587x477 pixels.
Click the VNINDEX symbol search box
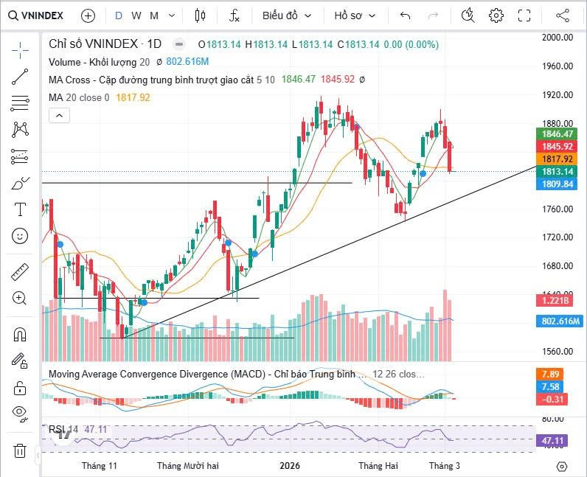click(x=37, y=15)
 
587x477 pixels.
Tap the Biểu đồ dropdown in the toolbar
click(x=287, y=15)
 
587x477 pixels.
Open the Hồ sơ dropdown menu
click(x=355, y=15)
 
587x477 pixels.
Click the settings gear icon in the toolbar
click(x=496, y=15)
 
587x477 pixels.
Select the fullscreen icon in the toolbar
click(x=524, y=15)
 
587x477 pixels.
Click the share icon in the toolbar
click(x=563, y=15)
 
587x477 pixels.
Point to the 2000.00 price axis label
click(x=558, y=37)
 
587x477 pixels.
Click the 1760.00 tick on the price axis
click(x=558, y=209)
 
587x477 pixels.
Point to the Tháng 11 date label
click(x=100, y=466)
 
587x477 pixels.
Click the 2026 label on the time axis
click(x=290, y=466)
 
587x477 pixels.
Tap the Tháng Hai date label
click(x=378, y=466)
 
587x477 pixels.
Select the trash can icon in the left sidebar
click(x=21, y=450)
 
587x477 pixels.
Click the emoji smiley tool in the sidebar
click(x=21, y=236)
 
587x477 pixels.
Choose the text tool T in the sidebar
click(x=21, y=209)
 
